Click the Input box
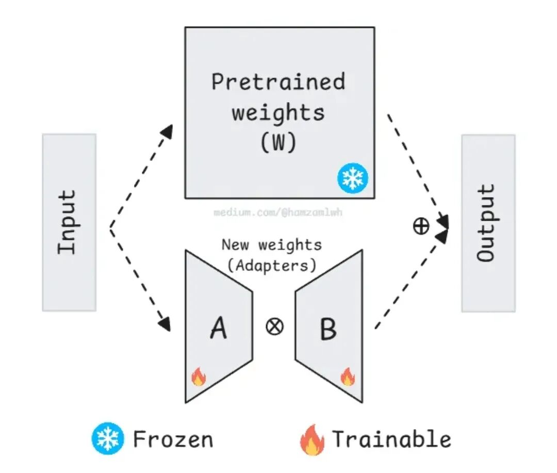coord(69,222)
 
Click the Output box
coord(488,223)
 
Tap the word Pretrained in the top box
coord(278,82)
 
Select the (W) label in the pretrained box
coord(278,143)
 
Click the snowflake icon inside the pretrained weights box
coord(353,178)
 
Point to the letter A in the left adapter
coord(218,328)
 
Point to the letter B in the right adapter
coord(329,329)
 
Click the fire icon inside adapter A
coord(199,377)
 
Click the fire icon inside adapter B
coord(348,377)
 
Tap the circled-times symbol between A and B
coord(274,327)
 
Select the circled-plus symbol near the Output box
coord(421,226)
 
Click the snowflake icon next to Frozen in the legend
coord(108,439)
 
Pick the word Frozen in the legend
coord(173,439)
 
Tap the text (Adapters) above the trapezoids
coord(271,266)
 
